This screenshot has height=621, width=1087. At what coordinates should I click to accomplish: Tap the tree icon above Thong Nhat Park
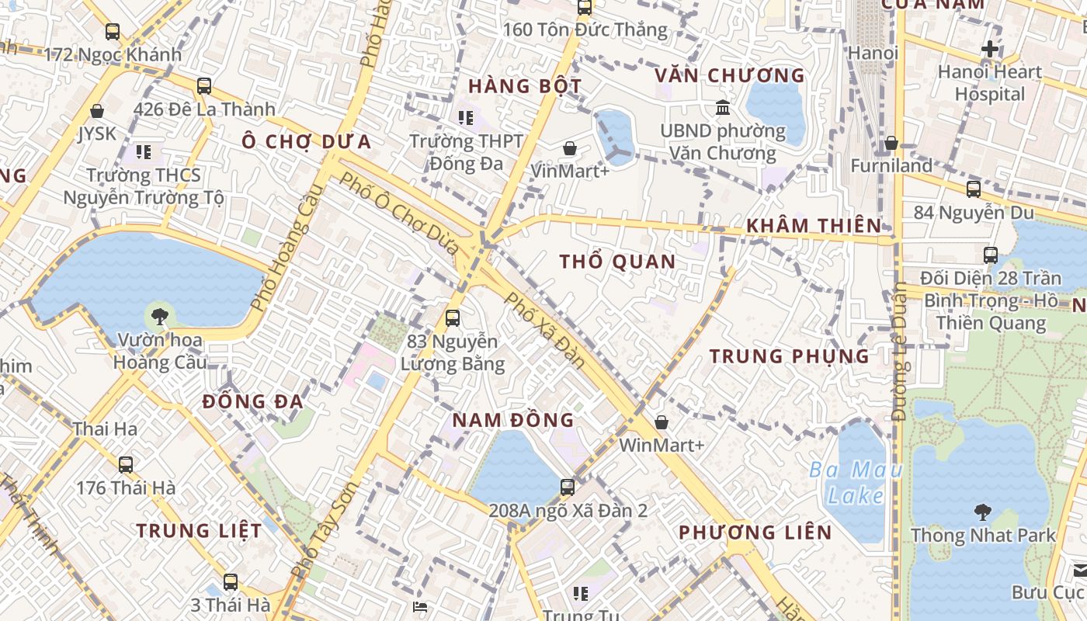click(x=983, y=512)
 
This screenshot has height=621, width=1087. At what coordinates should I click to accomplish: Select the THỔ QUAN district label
click(x=618, y=262)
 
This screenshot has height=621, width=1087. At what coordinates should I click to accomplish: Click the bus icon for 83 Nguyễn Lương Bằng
click(x=452, y=317)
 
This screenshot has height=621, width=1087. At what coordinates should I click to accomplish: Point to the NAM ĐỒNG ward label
click(x=513, y=420)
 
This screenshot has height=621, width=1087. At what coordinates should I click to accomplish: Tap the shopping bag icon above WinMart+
click(x=662, y=422)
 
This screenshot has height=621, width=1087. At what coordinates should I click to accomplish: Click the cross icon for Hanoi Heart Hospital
click(x=989, y=49)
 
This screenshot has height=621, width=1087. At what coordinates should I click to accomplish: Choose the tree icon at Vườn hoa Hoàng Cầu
click(x=159, y=316)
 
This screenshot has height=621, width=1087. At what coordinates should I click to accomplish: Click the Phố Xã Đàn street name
click(x=544, y=329)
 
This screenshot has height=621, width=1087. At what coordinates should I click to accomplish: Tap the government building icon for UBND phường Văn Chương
click(x=723, y=107)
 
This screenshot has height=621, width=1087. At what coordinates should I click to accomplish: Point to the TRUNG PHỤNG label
click(x=789, y=356)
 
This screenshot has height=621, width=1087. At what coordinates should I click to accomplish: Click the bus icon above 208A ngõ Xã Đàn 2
click(x=568, y=487)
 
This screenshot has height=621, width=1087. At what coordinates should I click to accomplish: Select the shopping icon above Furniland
click(x=891, y=143)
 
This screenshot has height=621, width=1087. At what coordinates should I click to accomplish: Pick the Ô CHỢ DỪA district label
click(x=306, y=141)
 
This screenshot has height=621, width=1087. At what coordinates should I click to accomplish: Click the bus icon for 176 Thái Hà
click(x=126, y=464)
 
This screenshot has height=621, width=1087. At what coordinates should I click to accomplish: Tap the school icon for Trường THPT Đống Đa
click(x=466, y=118)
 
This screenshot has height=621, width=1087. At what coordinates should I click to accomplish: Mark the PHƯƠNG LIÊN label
click(x=755, y=533)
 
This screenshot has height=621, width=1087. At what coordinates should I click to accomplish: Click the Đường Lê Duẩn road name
click(x=900, y=354)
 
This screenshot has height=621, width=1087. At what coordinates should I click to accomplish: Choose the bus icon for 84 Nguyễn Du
click(x=973, y=189)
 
